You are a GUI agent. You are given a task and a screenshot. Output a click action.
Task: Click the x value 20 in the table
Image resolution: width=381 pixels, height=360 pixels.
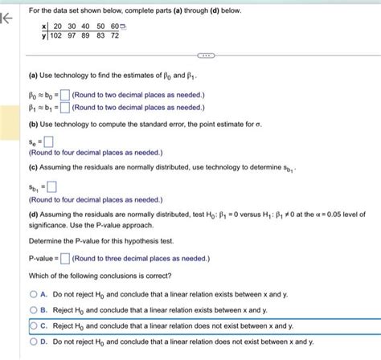[55, 26]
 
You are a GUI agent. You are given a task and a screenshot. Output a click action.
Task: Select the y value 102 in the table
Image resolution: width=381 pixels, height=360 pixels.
[56, 36]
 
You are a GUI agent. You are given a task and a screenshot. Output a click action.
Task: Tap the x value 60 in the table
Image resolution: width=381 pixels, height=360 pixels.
[113, 26]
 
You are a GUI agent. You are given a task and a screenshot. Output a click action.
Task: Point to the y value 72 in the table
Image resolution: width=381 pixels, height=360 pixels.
[114, 36]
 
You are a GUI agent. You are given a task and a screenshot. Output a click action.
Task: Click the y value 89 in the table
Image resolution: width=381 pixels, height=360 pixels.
[85, 36]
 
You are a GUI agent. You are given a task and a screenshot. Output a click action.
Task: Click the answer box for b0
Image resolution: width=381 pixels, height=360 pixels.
[64, 95]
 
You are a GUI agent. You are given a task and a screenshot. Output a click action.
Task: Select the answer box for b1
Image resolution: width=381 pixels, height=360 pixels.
[64, 105]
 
